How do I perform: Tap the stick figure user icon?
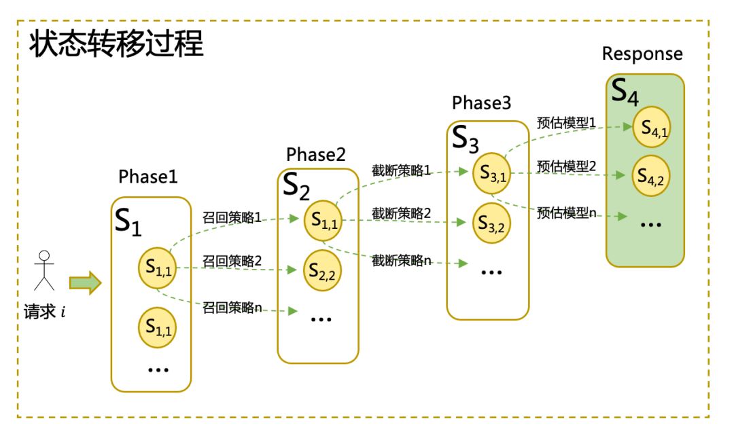coord(45,271)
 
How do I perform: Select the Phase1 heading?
coord(148,177)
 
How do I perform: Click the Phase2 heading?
coord(316,155)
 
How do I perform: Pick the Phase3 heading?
coord(482,103)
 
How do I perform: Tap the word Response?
coord(642,54)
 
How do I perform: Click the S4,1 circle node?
coord(651,128)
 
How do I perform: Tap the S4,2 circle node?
coord(651,176)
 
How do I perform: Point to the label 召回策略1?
coord(232,218)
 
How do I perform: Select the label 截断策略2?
coord(401,213)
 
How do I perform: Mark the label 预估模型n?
coord(566,213)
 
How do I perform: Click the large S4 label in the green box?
coord(625,92)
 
